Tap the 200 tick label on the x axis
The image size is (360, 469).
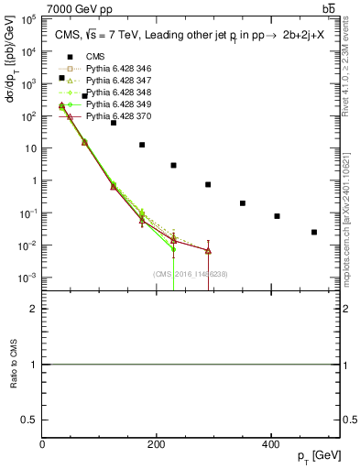(x=157, y=444)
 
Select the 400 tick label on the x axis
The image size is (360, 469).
(x=270, y=444)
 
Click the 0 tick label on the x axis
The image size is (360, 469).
(x=43, y=444)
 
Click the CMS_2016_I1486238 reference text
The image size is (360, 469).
(x=191, y=273)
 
